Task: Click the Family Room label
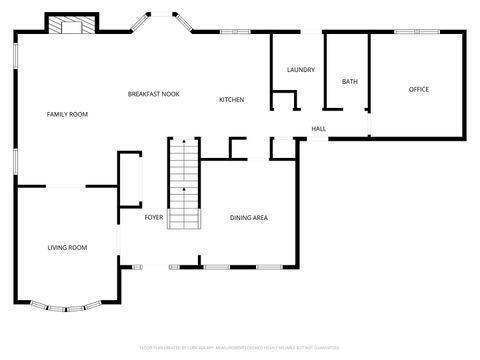(x=67, y=115)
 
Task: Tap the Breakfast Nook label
(x=153, y=94)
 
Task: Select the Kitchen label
(x=232, y=100)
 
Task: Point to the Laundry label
(x=300, y=70)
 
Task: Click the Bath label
(x=349, y=82)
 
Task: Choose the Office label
(x=418, y=90)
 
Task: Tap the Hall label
(x=318, y=129)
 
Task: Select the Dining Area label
(x=248, y=217)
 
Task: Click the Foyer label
(x=153, y=217)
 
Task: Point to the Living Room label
(x=67, y=247)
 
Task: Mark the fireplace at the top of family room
(x=73, y=26)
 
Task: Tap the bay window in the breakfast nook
(x=160, y=20)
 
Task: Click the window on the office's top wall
(x=407, y=33)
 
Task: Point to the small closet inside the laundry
(x=285, y=101)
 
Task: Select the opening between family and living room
(x=67, y=186)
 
